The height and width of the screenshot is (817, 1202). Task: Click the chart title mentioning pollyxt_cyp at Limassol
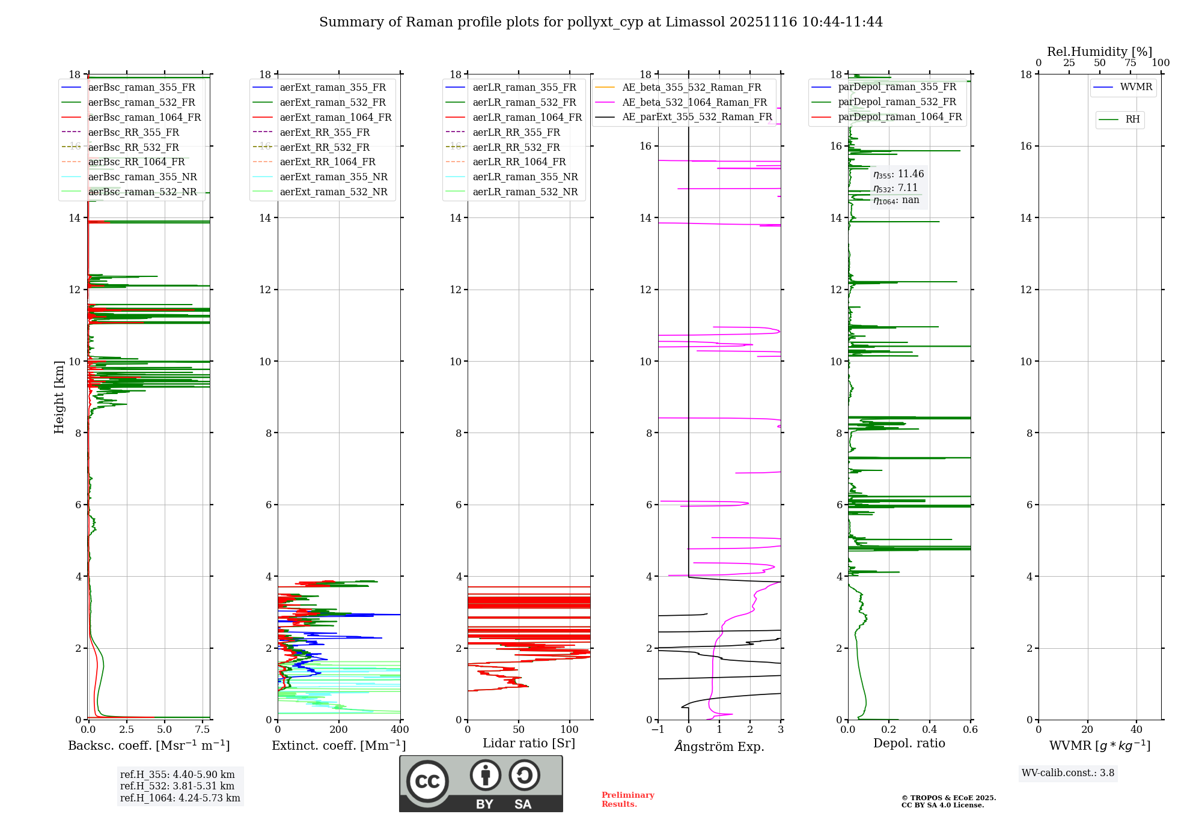click(x=601, y=22)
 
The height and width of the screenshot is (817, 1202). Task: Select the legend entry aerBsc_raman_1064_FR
click(x=144, y=118)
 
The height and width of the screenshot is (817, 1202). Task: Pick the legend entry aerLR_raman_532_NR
click(x=525, y=192)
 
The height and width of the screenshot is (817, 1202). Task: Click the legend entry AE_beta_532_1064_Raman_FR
click(x=694, y=103)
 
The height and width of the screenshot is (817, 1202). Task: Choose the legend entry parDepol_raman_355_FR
click(x=897, y=87)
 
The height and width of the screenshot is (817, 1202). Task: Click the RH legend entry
click(x=1132, y=120)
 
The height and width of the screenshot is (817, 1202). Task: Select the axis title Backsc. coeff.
click(x=148, y=746)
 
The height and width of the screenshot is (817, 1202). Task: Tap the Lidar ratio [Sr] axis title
click(x=529, y=743)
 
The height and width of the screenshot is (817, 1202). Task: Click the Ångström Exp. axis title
click(x=719, y=747)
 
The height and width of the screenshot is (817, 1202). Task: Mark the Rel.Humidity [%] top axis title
click(x=1099, y=52)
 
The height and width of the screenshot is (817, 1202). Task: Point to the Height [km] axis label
click(x=59, y=396)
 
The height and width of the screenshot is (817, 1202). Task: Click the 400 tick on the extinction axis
click(x=400, y=730)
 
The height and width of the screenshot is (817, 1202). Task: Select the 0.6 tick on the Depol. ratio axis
click(x=970, y=730)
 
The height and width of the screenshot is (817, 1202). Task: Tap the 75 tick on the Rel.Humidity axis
click(x=1130, y=63)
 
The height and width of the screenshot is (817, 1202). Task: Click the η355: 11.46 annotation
click(x=898, y=174)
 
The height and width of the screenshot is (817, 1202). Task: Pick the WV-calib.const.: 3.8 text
click(x=1068, y=773)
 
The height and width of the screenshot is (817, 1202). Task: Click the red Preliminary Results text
click(x=627, y=800)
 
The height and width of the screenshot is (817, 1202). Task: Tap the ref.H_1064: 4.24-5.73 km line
click(x=180, y=798)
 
